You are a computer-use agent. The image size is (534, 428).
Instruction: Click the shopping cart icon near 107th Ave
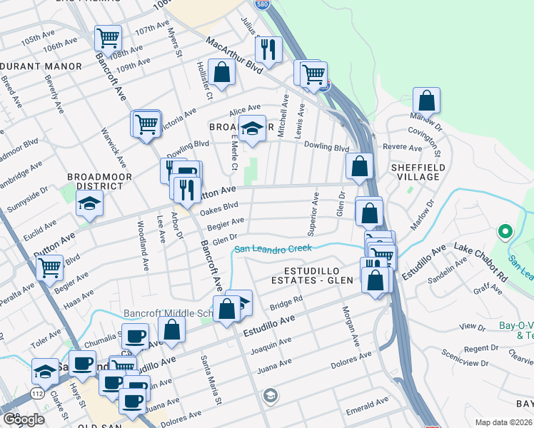[x=108, y=37]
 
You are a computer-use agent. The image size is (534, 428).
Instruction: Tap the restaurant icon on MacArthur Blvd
[x=268, y=50]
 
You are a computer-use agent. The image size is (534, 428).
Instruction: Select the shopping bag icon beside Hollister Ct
[x=222, y=73]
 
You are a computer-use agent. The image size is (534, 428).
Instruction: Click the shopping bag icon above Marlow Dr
[x=426, y=101]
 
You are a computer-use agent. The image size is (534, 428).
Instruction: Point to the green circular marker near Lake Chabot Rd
[x=505, y=231]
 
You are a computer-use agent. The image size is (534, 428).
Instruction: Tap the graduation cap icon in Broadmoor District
[x=91, y=205]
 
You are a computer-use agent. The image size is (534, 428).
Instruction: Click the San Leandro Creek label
[x=274, y=248]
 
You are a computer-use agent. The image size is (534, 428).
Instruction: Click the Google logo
[x=23, y=419]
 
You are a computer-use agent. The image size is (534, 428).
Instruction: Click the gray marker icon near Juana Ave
[x=271, y=394]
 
